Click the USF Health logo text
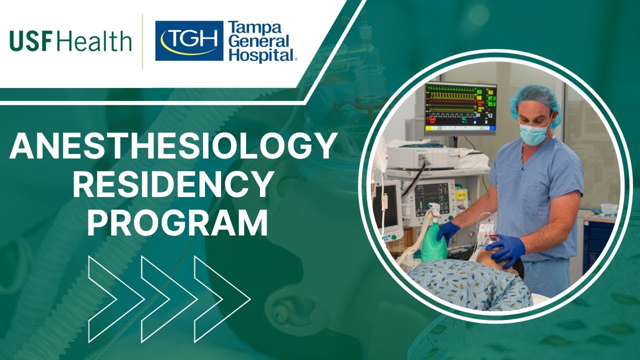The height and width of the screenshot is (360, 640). click(70, 41)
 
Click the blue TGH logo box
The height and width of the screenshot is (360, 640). click(189, 40)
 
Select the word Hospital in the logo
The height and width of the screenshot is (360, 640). click(261, 55)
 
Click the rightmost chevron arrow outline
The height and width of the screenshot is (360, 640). click(222, 299)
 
